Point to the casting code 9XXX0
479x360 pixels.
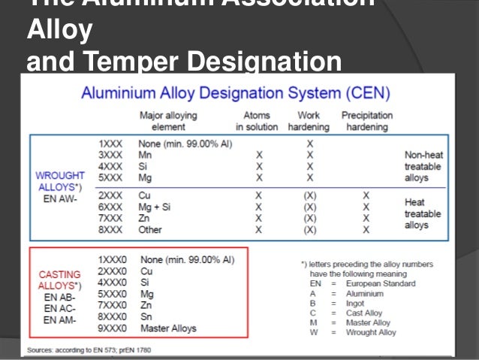[113, 328]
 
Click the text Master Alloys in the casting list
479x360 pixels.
[168, 328]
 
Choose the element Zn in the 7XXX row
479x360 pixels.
[145, 217]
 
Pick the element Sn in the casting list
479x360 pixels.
[146, 316]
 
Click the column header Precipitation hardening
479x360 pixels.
[367, 122]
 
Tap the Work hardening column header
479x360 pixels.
[309, 122]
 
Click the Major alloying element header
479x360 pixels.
[169, 122]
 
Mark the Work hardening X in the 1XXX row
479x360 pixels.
[309, 141]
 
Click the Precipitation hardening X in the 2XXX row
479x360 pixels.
[366, 193]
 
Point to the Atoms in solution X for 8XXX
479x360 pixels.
[258, 229]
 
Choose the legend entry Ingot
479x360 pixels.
[356, 303]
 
